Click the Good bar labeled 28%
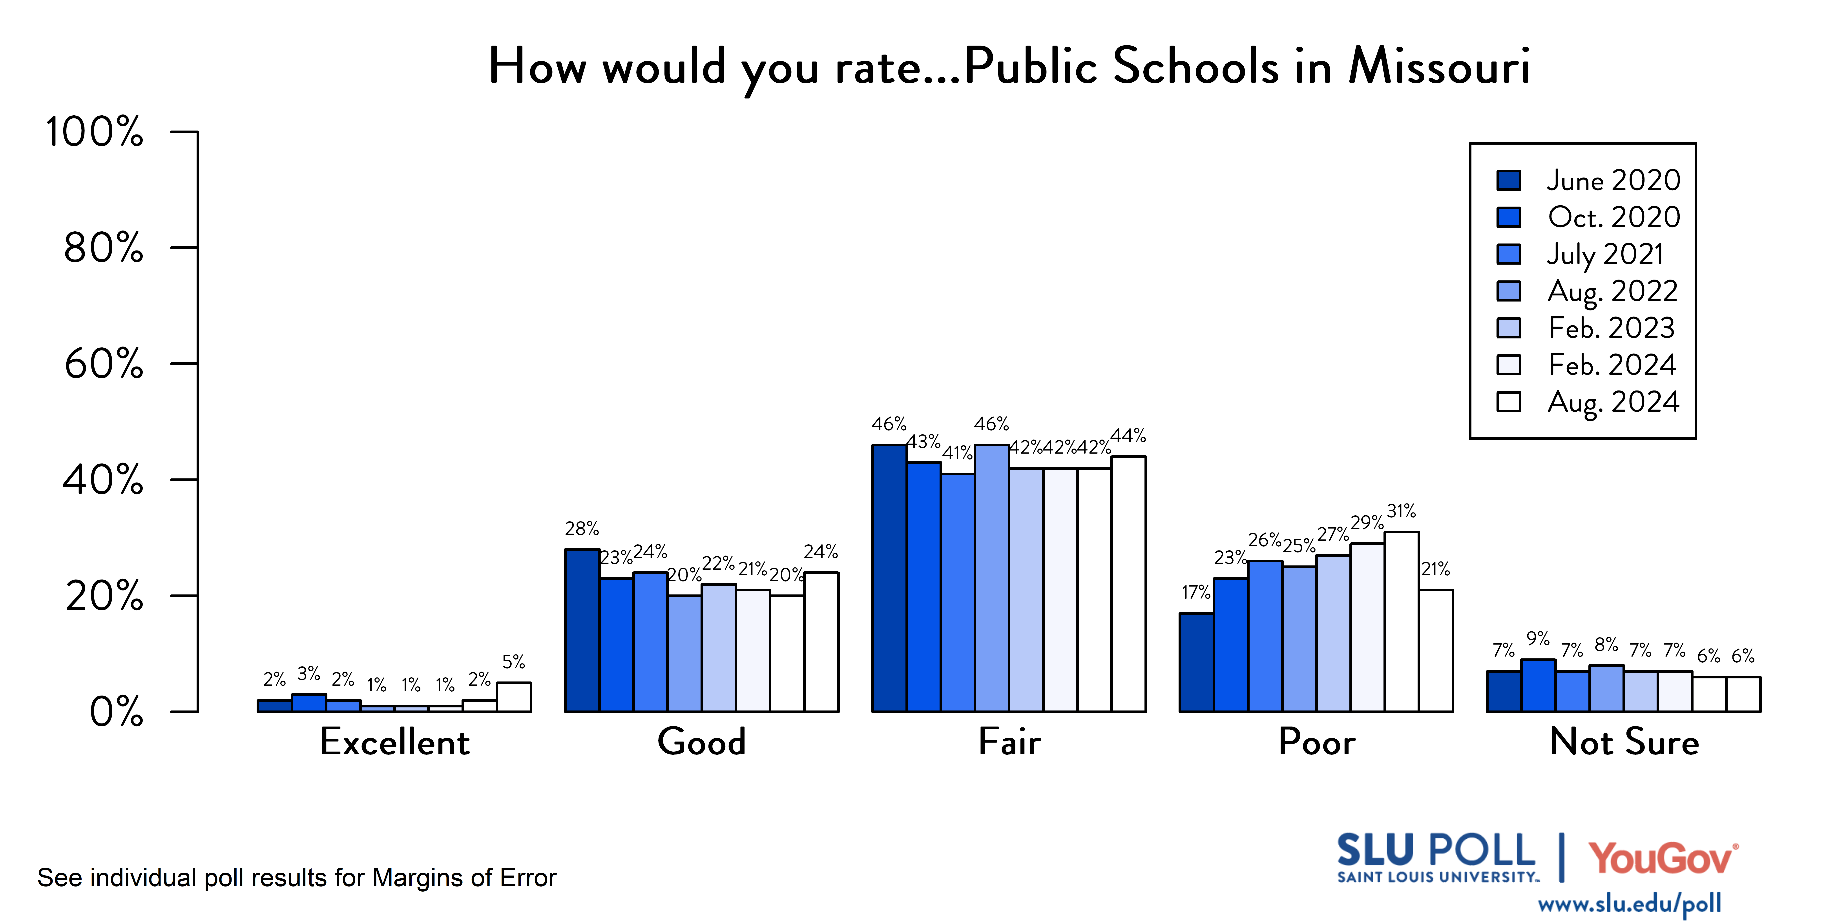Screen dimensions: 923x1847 click(x=582, y=631)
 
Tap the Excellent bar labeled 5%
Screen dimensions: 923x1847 click(x=514, y=697)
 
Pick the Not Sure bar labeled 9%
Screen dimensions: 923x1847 click(x=1538, y=686)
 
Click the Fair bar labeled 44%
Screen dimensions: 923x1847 click(x=1129, y=584)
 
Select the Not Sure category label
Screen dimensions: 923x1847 click(x=1624, y=742)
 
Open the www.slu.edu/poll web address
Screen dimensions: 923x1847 click(x=1629, y=904)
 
